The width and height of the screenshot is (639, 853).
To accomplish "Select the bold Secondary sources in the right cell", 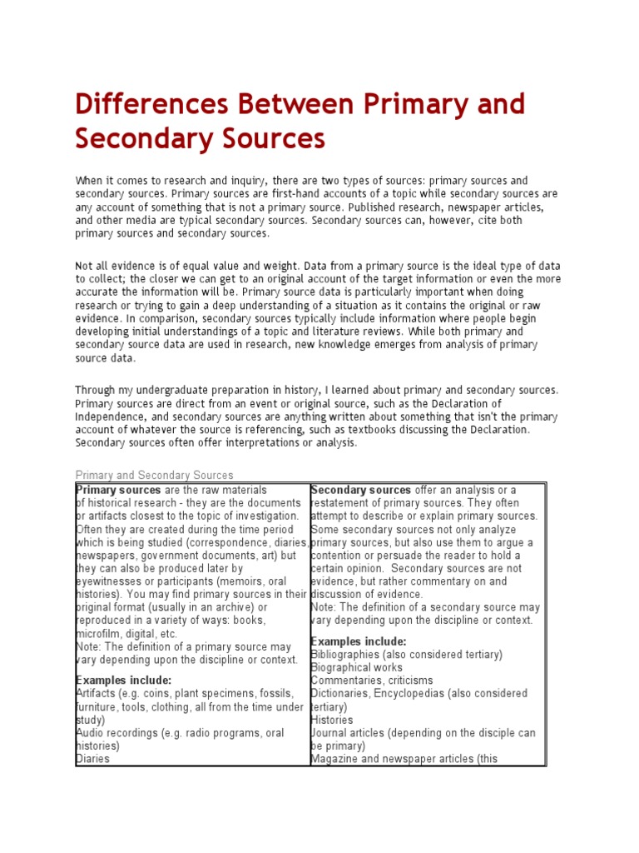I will coord(361,490).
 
